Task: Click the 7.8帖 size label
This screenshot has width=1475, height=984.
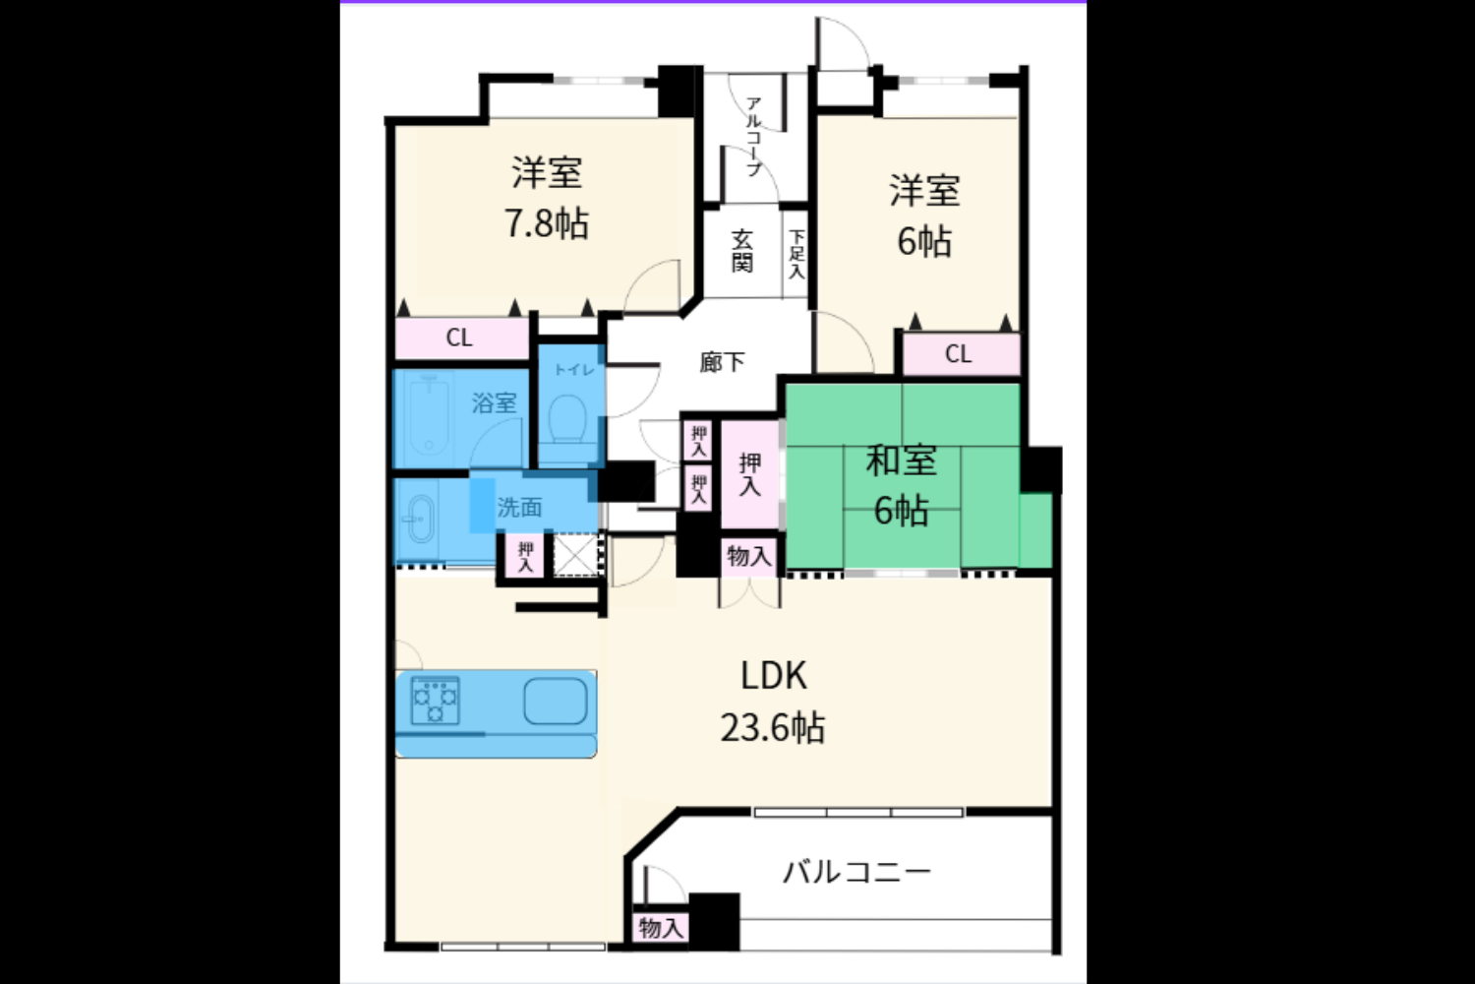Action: tap(547, 222)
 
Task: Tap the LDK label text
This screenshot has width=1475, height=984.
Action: tap(773, 676)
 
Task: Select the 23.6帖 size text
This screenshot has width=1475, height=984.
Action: tap(772, 728)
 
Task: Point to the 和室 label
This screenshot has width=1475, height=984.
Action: tap(901, 461)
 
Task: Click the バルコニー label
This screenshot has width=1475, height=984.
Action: tap(856, 873)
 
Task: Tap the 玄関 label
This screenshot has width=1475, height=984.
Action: tap(742, 251)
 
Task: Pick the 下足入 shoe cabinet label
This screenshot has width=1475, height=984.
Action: tap(796, 254)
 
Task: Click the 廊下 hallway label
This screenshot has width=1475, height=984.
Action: tap(722, 362)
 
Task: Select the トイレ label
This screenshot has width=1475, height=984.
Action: tap(574, 370)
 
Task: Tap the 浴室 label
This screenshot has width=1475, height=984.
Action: tap(494, 402)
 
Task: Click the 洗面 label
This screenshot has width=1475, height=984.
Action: tap(519, 508)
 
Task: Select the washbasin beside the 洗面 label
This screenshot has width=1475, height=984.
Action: tap(420, 520)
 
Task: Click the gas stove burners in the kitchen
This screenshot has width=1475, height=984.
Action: tap(435, 700)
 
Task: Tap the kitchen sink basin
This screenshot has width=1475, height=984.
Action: tap(556, 702)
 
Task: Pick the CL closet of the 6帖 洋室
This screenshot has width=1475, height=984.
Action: tap(961, 354)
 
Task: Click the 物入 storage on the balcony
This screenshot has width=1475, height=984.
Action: tap(661, 929)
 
